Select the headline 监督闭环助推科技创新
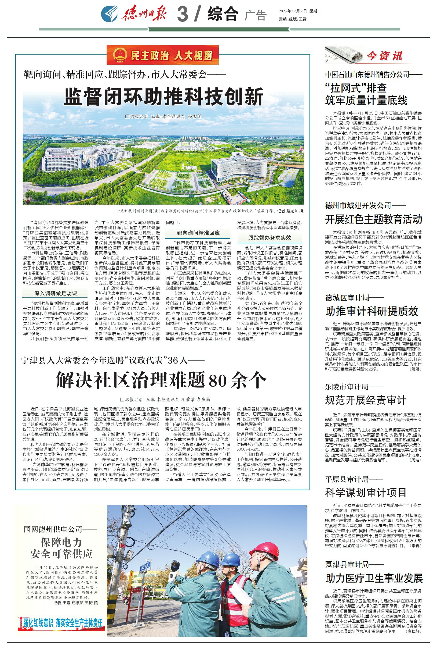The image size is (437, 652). (x=163, y=97)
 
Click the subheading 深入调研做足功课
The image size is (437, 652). (x=56, y=293)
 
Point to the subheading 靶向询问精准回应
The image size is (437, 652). (x=198, y=233)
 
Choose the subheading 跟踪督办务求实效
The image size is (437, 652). (x=270, y=238)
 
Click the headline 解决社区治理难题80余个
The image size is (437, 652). (x=161, y=380)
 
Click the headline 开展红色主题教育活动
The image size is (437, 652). (x=373, y=219)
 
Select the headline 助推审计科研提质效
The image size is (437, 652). (x=372, y=311)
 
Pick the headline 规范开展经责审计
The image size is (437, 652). (x=366, y=400)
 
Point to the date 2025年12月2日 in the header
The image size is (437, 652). (x=293, y=12)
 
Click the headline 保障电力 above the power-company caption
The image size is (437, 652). (x=61, y=542)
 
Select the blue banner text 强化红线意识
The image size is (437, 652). (x=38, y=622)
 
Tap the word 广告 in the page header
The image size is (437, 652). (x=255, y=15)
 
